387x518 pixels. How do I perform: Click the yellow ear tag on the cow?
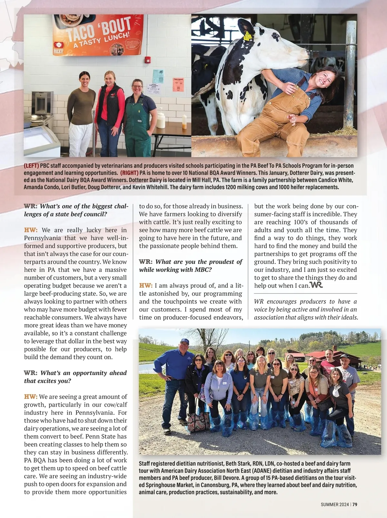pyautogui.click(x=248, y=35)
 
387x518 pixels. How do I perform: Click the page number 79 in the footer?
pyautogui.click(x=355, y=504)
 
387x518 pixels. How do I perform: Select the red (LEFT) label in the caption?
pyautogui.click(x=31, y=166)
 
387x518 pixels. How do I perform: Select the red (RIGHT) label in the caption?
pyautogui.click(x=129, y=173)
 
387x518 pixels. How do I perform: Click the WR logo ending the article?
pyautogui.click(x=316, y=285)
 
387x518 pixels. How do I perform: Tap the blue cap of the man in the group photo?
pyautogui.click(x=184, y=341)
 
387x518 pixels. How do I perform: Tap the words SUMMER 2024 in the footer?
pyautogui.click(x=335, y=504)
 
